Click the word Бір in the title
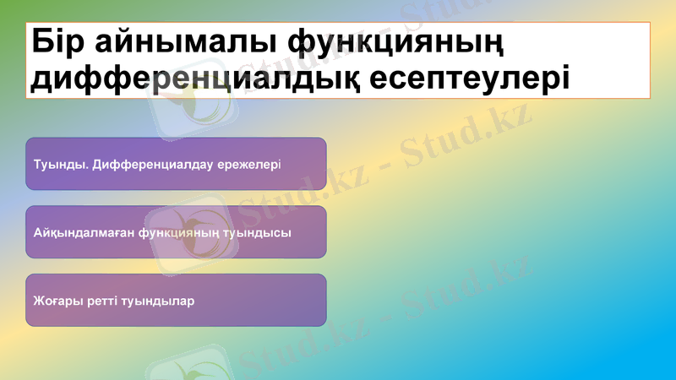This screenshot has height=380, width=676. click(x=60, y=43)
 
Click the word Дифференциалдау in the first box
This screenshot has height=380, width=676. click(x=142, y=164)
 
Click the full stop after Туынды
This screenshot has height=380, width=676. click(x=83, y=167)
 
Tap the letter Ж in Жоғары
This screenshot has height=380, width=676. click(x=39, y=301)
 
